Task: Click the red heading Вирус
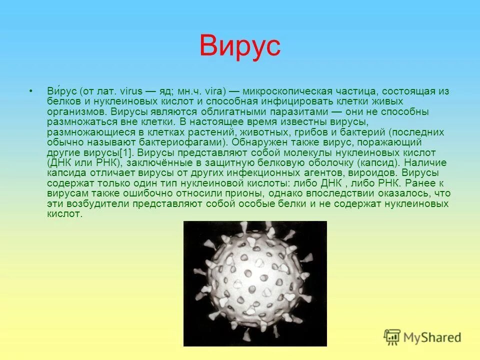click(240, 46)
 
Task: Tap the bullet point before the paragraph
click(31, 91)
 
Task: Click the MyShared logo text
click(432, 337)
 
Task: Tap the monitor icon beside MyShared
click(392, 337)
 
